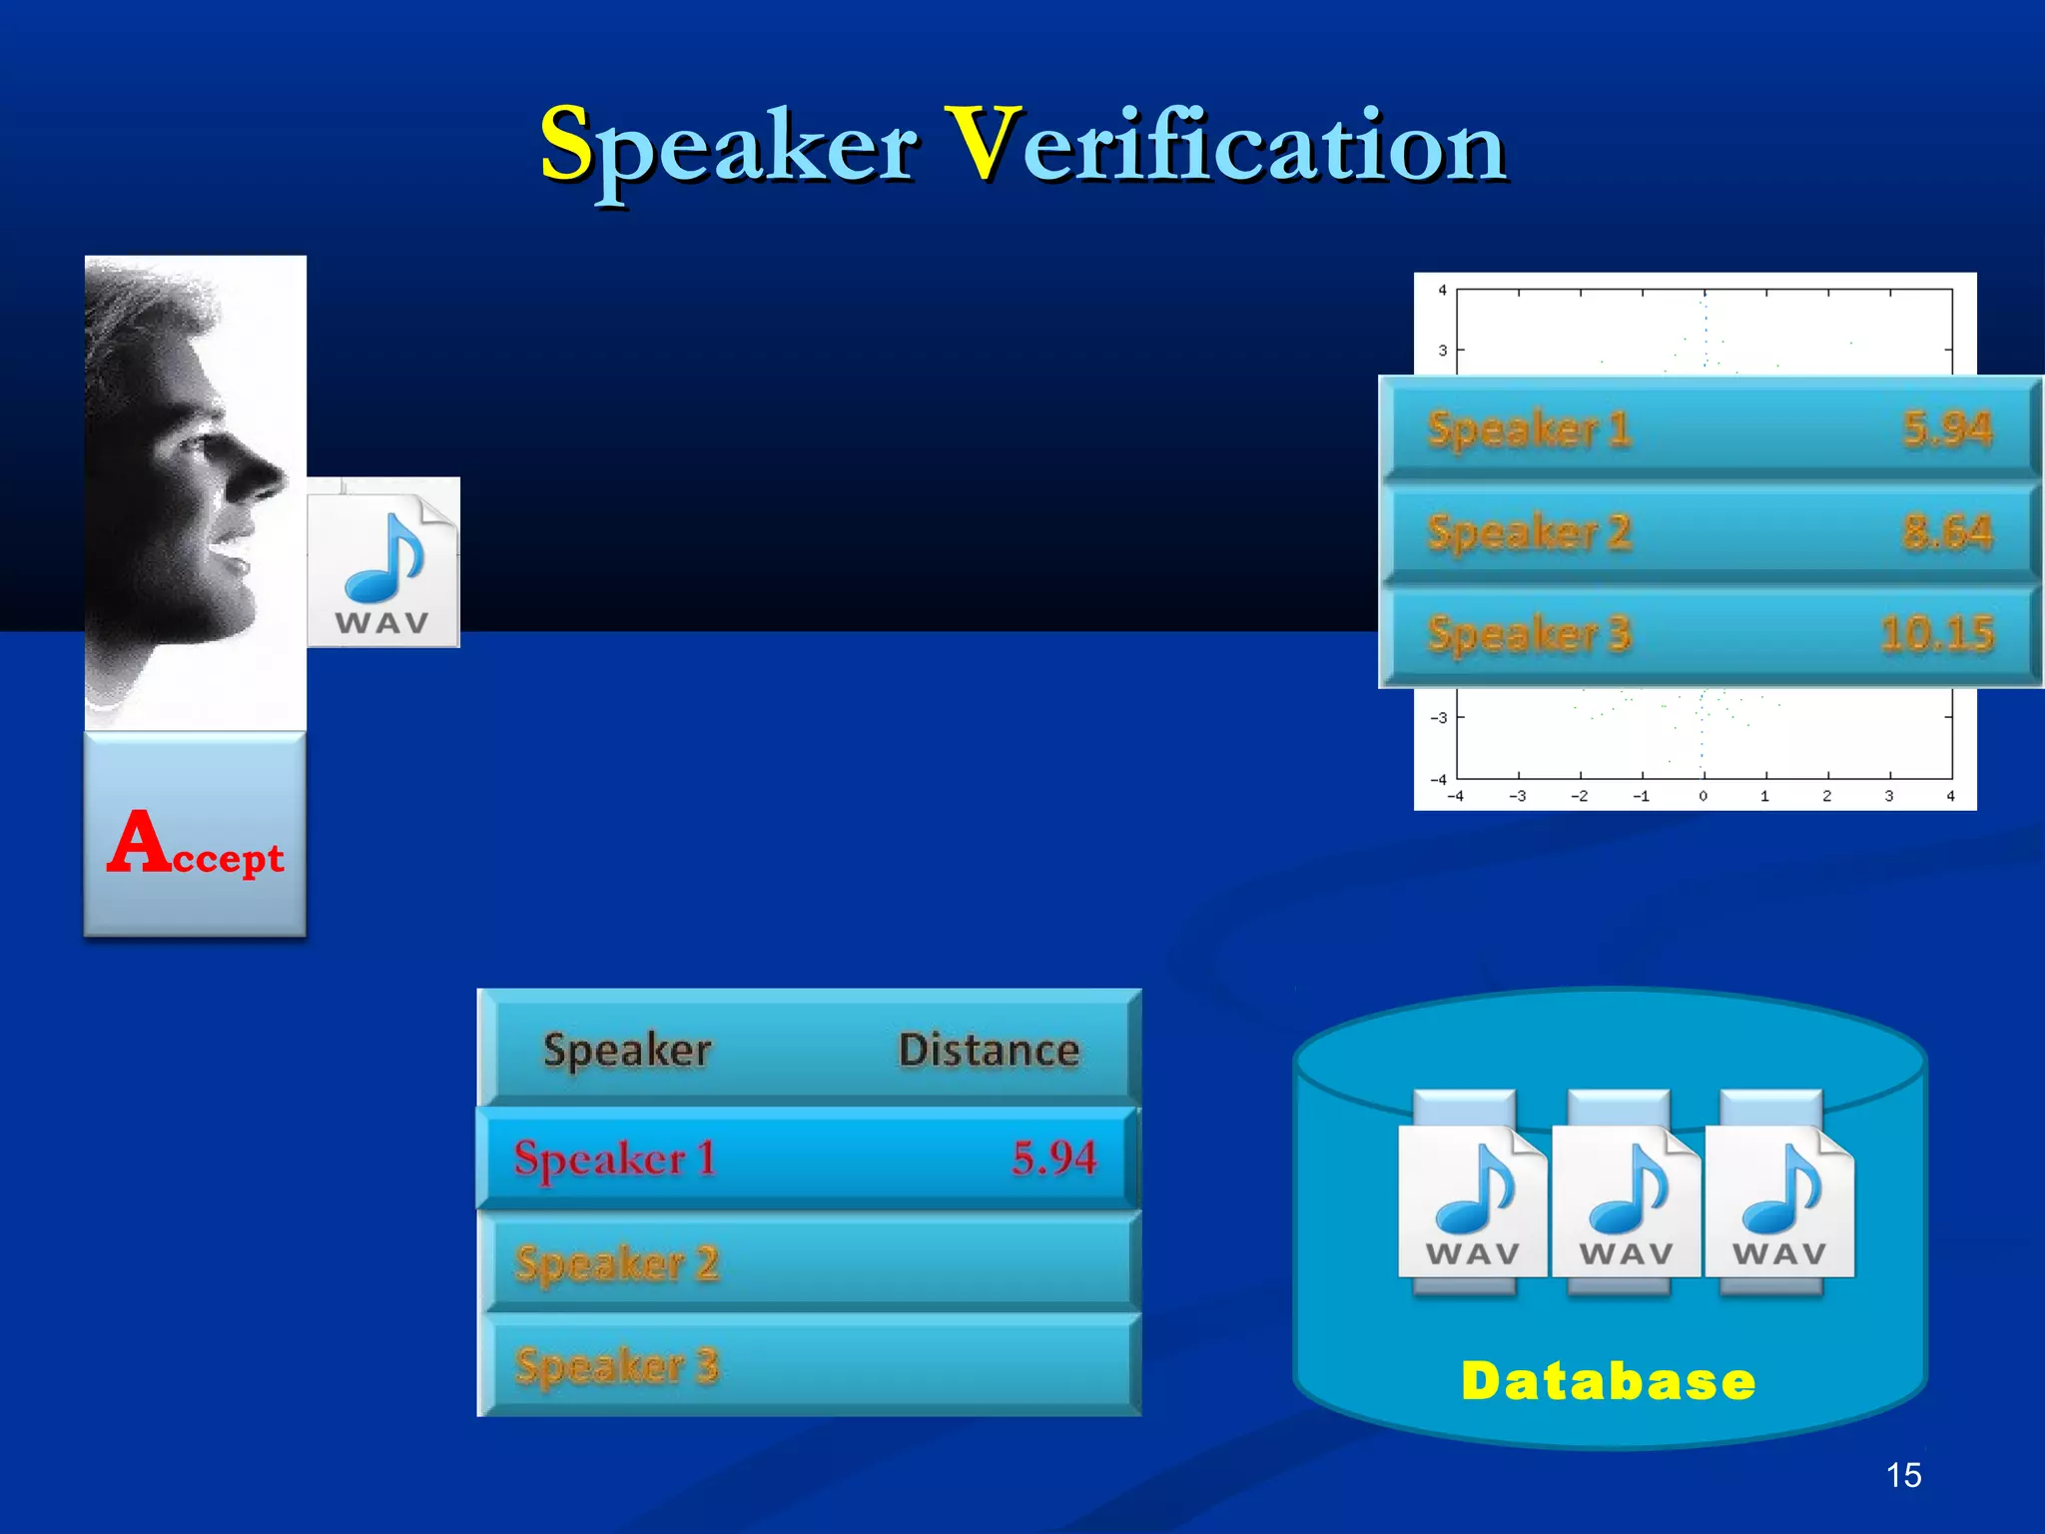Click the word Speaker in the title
(728, 148)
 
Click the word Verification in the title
(1225, 148)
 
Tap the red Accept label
(196, 845)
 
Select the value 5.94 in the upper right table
(1946, 429)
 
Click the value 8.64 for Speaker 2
(1946, 531)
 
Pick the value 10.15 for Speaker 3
(1936, 633)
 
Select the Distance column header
(989, 1050)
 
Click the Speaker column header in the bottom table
(627, 1050)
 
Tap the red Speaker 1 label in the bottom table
(614, 1158)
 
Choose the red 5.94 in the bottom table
(1053, 1158)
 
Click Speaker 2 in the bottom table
(617, 1263)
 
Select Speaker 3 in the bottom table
(617, 1365)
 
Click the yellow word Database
(1608, 1381)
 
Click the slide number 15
(1903, 1475)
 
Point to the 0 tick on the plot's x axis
(1704, 796)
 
